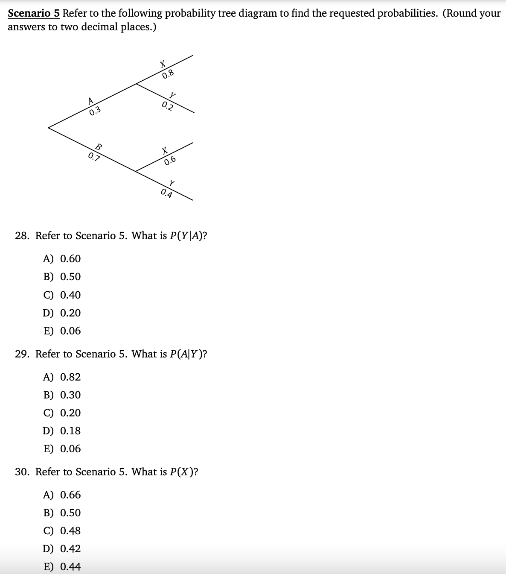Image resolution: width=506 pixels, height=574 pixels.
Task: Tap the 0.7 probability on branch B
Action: click(x=94, y=157)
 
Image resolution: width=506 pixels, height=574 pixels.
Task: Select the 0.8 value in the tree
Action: click(x=168, y=74)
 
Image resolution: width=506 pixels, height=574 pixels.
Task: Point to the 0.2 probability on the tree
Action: click(x=168, y=106)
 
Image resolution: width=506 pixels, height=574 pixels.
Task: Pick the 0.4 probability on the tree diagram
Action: click(x=167, y=193)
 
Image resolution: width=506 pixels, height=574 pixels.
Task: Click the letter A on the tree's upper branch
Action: click(x=90, y=101)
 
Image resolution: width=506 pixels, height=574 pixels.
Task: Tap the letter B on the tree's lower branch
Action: click(x=99, y=146)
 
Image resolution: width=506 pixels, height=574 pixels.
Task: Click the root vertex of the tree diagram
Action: click(x=49, y=127)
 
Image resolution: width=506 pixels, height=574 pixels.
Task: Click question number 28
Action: click(x=22, y=236)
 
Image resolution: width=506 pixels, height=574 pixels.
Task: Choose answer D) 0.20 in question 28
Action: click(x=62, y=313)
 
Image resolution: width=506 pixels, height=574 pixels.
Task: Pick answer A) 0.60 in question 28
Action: click(x=62, y=259)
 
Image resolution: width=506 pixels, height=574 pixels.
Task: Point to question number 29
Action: click(x=22, y=354)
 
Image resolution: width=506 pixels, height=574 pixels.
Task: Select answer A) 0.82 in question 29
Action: click(x=62, y=377)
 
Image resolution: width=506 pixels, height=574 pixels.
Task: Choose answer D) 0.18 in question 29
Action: click(x=62, y=431)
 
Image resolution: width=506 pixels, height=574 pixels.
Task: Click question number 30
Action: click(x=22, y=472)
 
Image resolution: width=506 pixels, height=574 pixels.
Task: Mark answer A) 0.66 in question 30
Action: click(x=62, y=495)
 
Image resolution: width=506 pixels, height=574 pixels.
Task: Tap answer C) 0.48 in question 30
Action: click(x=62, y=531)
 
